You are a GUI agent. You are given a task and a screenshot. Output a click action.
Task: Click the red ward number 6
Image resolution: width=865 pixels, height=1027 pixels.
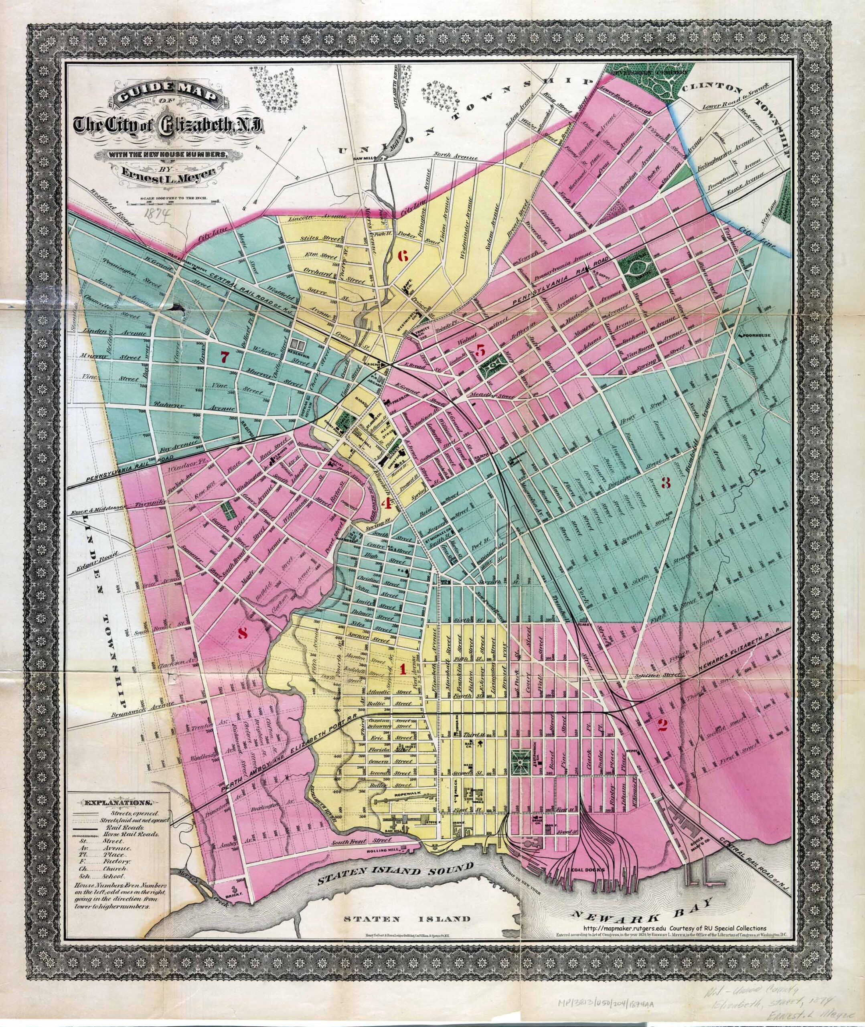click(x=403, y=256)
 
